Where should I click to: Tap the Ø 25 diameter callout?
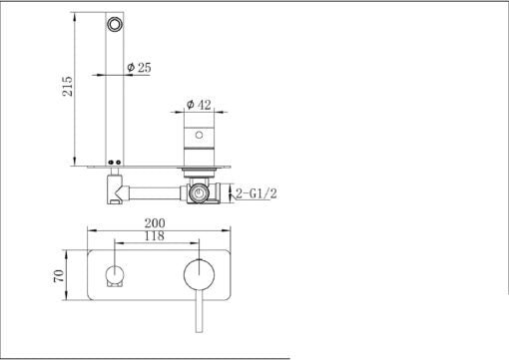[x=138, y=67]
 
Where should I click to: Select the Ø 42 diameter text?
[x=200, y=103]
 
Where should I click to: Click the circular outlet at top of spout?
[x=118, y=24]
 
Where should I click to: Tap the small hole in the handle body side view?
[x=201, y=133]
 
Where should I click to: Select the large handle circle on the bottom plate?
[x=200, y=273]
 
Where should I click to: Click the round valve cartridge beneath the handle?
[x=201, y=190]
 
